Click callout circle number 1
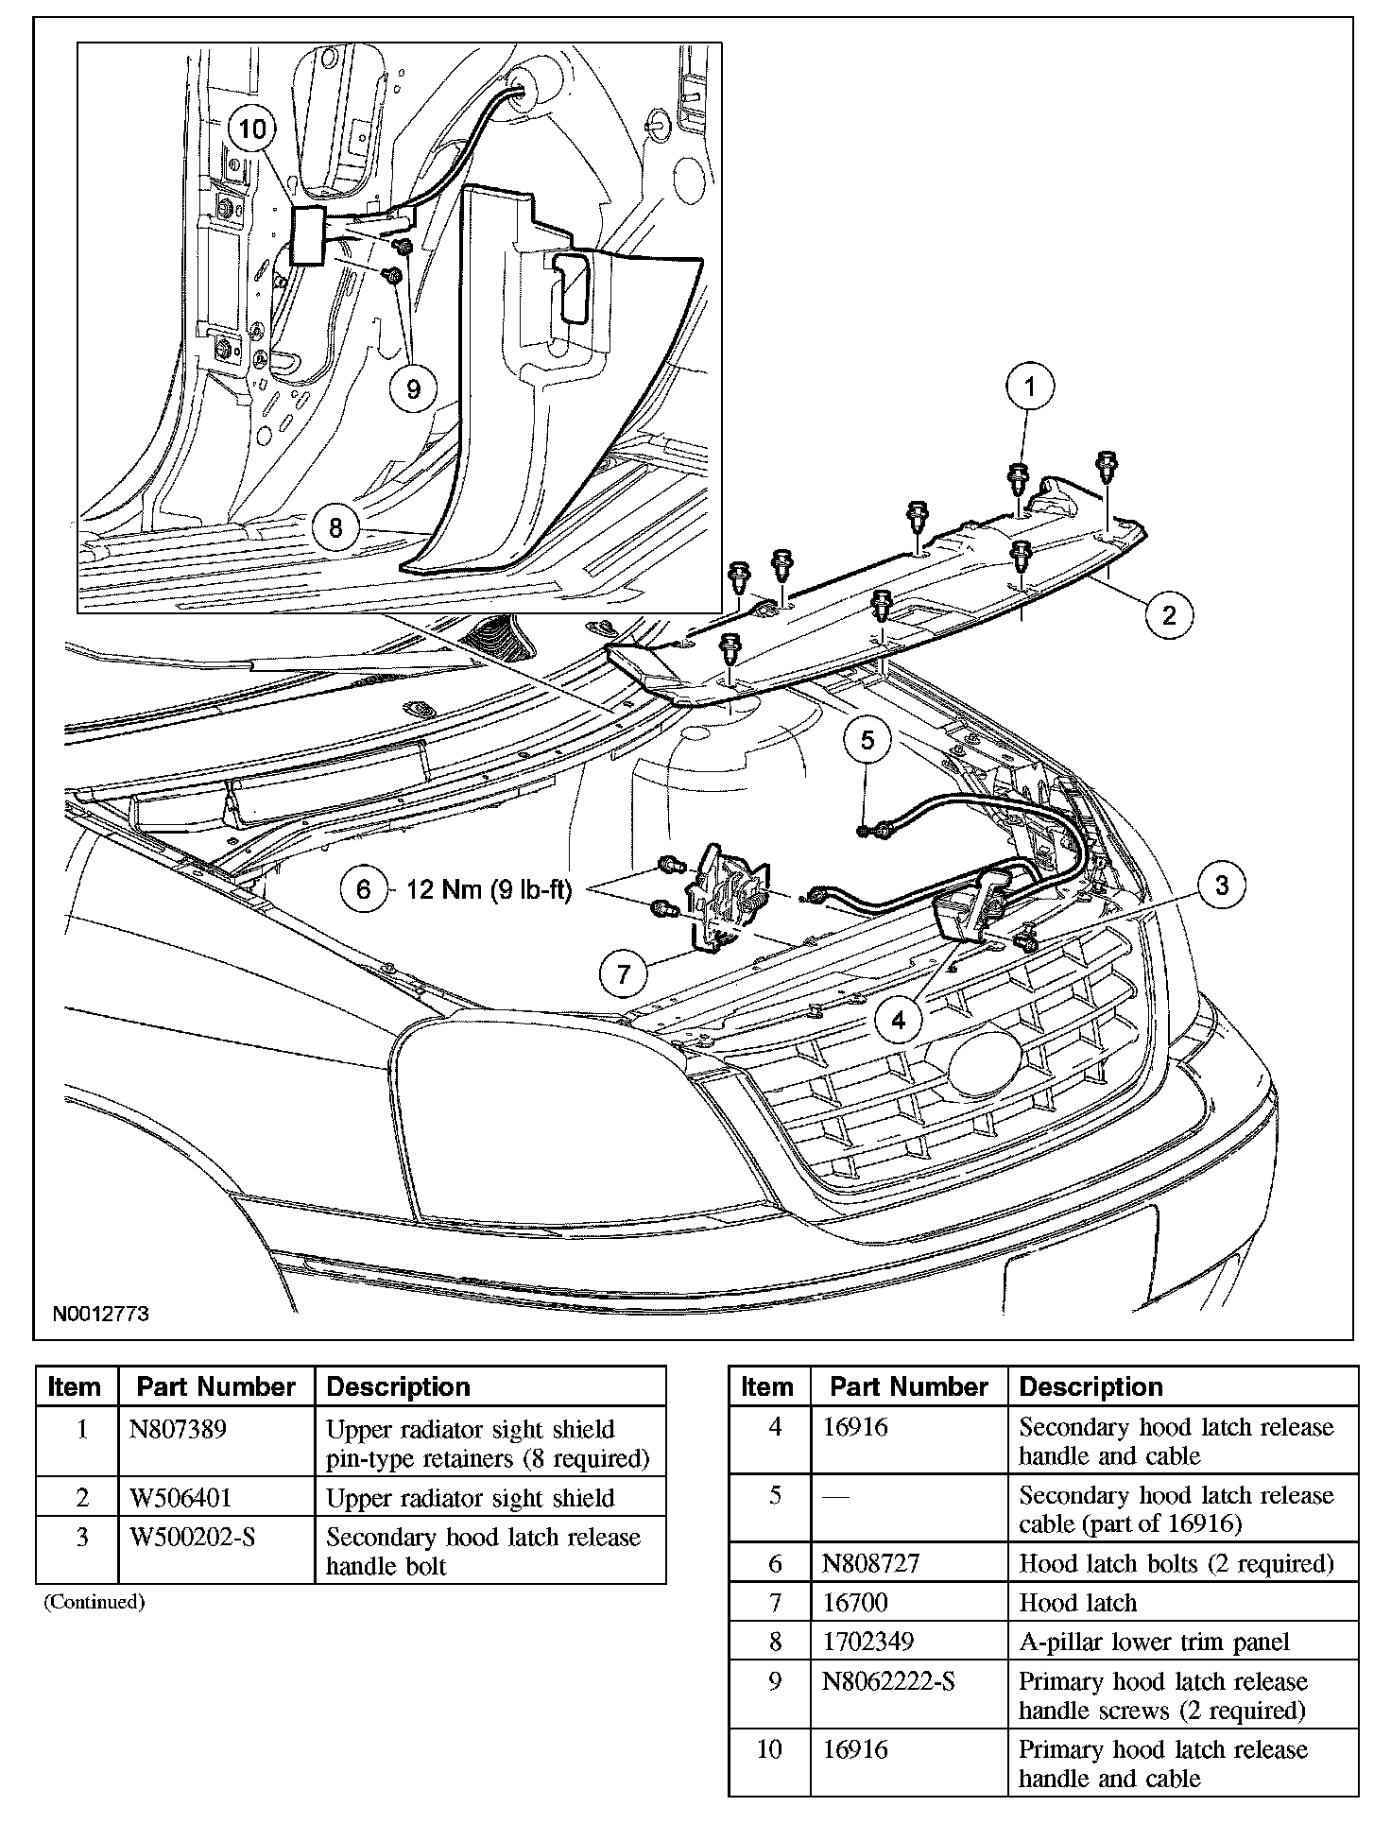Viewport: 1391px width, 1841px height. tap(1030, 387)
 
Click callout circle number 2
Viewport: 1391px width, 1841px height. tap(1169, 615)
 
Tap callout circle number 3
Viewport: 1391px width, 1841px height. tap(1222, 886)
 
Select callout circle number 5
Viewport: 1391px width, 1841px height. tap(867, 740)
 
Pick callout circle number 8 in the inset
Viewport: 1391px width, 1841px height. tap(335, 525)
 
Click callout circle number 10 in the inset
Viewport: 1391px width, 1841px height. tap(253, 129)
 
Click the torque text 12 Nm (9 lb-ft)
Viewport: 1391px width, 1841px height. tap(489, 889)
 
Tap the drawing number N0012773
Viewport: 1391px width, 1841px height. tap(100, 1314)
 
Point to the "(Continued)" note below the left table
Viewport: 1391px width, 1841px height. tap(94, 1602)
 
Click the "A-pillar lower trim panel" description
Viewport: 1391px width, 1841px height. tap(1154, 1643)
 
